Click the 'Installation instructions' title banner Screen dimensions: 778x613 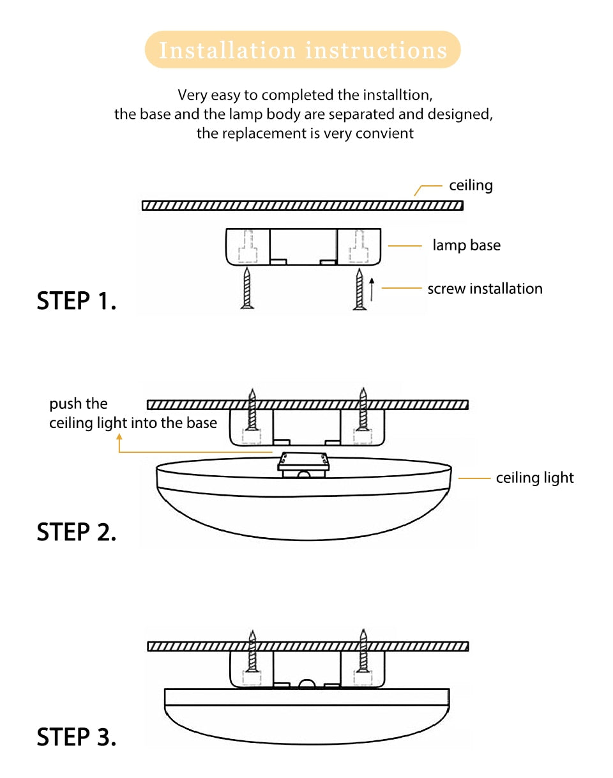303,50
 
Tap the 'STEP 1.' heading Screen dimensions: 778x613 77,301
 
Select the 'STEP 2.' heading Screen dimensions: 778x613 77,531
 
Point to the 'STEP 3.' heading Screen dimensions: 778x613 77,736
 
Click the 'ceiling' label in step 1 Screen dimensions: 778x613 471,185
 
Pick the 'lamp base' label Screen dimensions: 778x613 466,245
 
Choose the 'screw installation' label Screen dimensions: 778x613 485,289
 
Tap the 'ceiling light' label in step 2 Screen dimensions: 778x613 534,478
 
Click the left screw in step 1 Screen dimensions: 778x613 248,289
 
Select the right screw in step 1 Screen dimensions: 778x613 359,289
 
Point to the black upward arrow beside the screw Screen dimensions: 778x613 372,289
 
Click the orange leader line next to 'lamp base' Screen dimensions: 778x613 405,245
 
